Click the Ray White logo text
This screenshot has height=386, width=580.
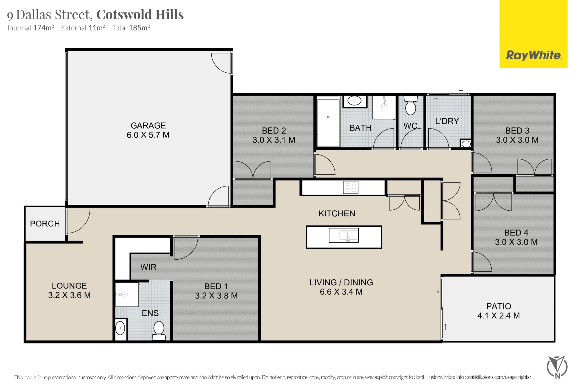pos(534,55)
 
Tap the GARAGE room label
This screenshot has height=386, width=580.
pos(148,125)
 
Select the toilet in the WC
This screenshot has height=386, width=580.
pos(410,105)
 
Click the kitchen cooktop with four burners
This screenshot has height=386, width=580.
pos(351,187)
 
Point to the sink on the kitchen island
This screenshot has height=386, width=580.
pos(344,235)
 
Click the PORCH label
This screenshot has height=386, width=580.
pos(45,224)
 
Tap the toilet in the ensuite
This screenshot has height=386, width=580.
pos(159,331)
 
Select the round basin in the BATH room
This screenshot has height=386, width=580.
pos(354,101)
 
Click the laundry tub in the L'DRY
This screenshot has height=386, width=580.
pos(466,144)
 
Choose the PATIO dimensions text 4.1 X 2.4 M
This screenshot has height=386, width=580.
pos(499,315)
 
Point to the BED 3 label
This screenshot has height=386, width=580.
pos(517,131)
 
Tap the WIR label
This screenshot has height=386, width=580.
pos(148,267)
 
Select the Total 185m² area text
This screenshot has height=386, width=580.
pos(131,28)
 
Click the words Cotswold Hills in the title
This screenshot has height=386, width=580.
pos(140,14)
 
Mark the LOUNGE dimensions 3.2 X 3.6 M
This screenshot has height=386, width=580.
pos(69,295)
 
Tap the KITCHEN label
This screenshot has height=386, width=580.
pos(337,213)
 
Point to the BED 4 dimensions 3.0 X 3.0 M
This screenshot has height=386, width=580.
pos(516,242)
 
